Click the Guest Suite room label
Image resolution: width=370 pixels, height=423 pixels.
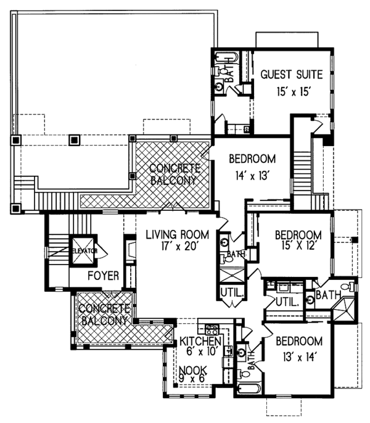point(292,75)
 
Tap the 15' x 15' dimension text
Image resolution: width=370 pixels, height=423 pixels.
point(292,92)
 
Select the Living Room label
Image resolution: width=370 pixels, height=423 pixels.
point(178,235)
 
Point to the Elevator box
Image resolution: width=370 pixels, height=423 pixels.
point(83,250)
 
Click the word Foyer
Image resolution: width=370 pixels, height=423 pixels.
point(104,276)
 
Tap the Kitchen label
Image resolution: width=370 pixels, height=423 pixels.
point(200,341)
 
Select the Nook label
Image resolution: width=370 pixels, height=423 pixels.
point(193,370)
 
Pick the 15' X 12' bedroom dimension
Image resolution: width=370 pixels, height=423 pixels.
point(298,246)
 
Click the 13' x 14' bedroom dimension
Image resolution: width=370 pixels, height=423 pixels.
point(299,358)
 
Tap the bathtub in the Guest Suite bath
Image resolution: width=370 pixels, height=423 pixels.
point(227,57)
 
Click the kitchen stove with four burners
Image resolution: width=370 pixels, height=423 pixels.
point(212,329)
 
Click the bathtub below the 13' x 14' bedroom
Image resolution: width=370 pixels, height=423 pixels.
point(249,389)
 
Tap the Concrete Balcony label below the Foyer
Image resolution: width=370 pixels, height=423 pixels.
point(104,314)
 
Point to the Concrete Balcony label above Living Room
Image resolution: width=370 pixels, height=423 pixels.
point(174,175)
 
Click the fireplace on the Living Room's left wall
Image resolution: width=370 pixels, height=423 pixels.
point(131,251)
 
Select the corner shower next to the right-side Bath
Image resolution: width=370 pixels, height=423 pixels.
point(343,308)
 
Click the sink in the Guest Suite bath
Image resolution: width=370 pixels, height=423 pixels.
point(219,86)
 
